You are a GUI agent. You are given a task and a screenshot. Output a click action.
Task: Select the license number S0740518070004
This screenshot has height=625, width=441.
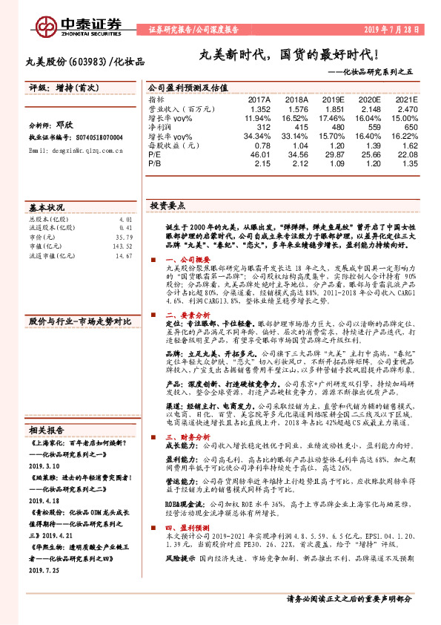pos(96,138)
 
